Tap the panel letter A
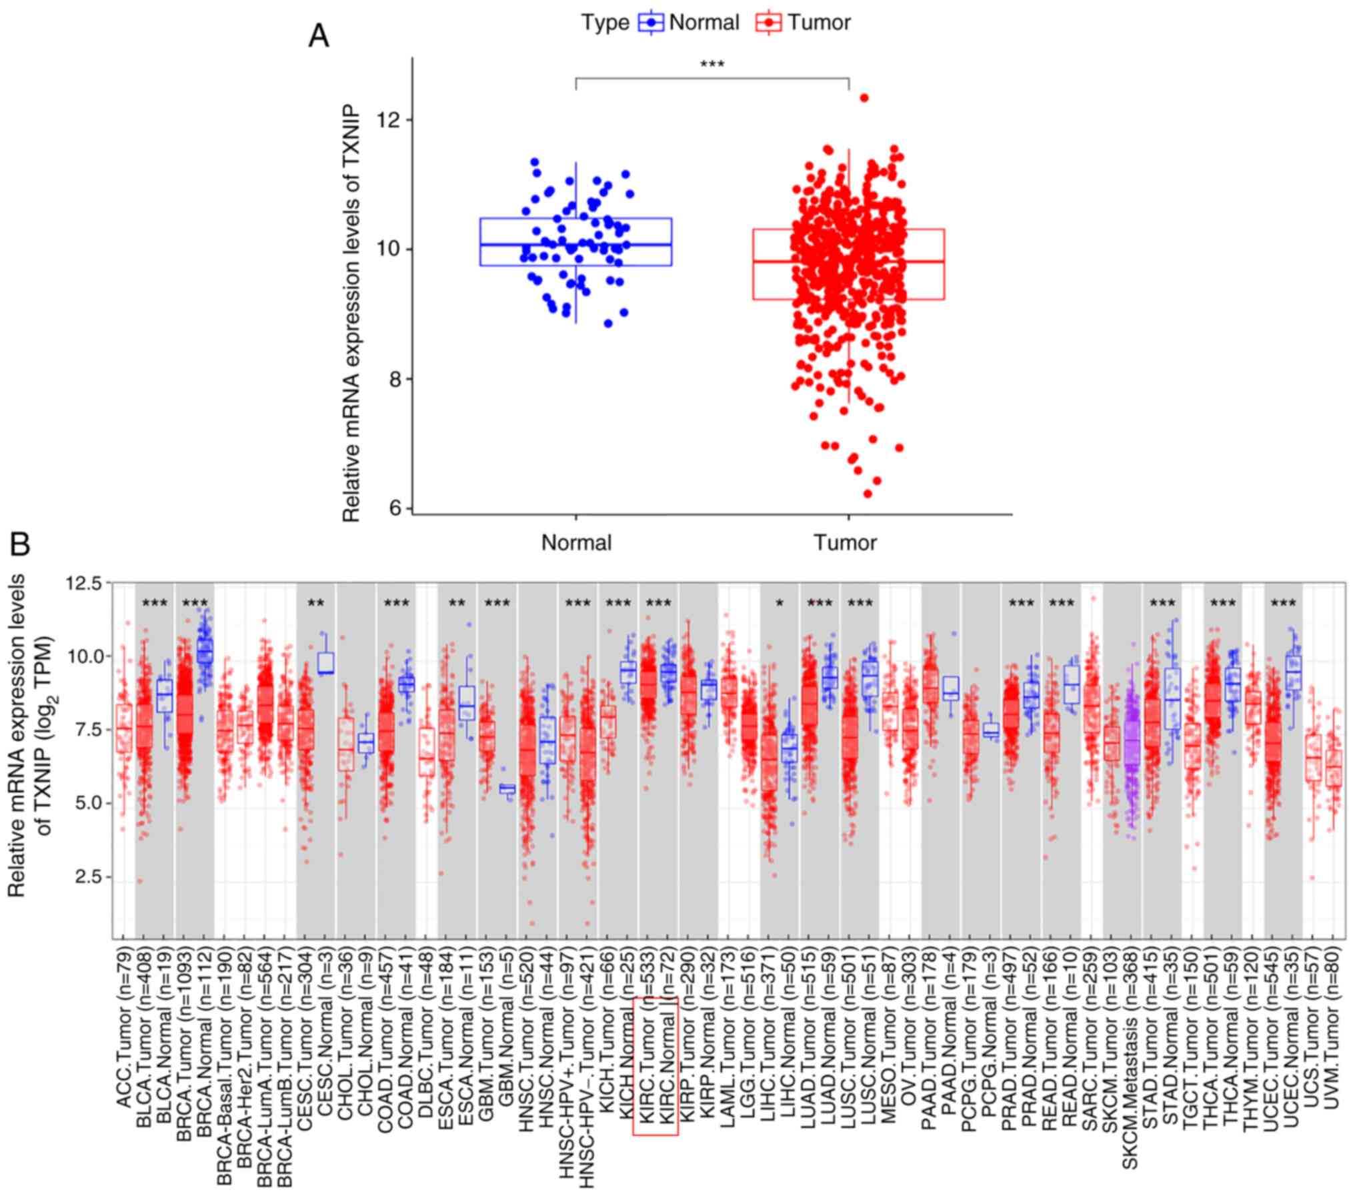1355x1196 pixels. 319,36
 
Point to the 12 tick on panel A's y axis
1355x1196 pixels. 393,120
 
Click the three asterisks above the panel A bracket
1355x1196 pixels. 712,65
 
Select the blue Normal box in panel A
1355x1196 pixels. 575,242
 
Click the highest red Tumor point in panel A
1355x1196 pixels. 864,98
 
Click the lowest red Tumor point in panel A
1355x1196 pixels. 868,494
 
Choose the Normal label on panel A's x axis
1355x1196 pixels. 576,543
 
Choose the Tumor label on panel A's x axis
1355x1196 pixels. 845,543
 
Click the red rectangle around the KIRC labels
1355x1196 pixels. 655,1065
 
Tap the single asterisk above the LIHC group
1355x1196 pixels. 779,604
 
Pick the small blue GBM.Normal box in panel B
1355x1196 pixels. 507,789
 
